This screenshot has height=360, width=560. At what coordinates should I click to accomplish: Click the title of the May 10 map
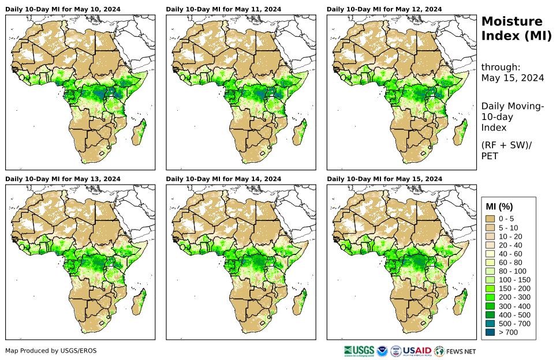point(63,9)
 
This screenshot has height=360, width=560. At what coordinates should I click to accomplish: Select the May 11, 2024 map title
point(223,9)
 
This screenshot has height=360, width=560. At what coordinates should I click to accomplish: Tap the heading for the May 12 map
point(384,9)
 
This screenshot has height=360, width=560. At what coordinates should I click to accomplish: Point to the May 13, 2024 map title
point(63,179)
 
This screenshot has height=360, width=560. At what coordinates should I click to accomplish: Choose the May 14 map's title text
point(223,179)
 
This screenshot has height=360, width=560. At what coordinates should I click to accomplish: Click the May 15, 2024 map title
point(384,179)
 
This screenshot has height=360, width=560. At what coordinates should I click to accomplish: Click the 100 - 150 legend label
point(510,280)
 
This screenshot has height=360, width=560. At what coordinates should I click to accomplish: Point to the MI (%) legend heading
point(499,207)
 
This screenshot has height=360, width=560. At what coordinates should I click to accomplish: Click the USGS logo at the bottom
point(358,351)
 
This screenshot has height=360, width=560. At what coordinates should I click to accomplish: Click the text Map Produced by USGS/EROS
point(51,351)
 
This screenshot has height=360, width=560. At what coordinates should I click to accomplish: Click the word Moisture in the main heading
point(512,22)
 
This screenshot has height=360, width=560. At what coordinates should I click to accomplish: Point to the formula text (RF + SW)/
point(506,145)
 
